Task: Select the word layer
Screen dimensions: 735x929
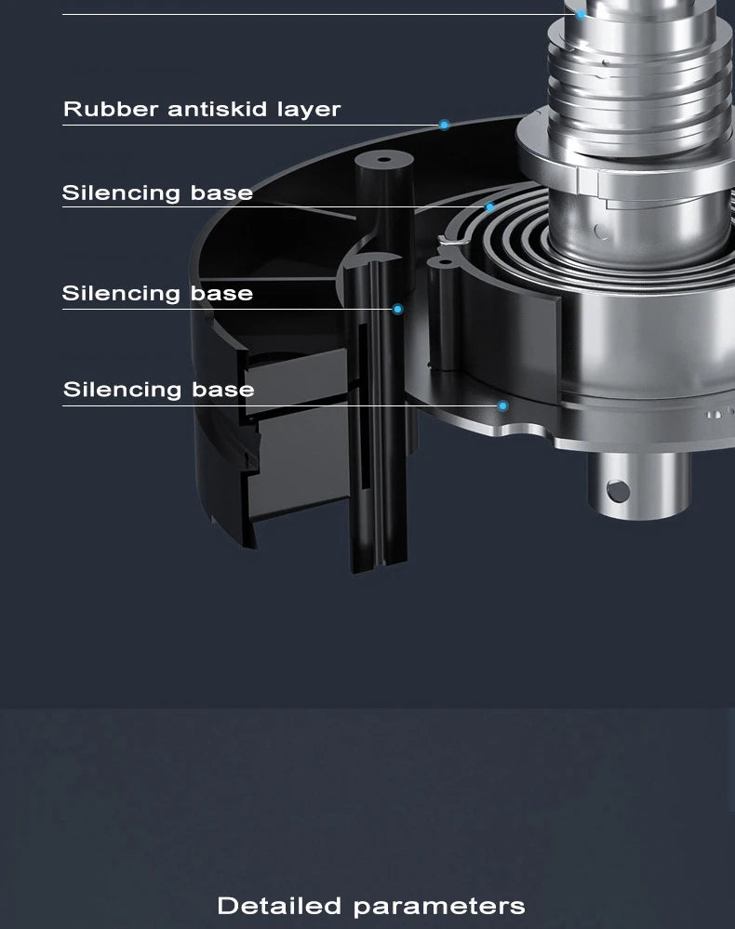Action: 309,111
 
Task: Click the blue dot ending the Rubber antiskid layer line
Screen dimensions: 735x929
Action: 444,125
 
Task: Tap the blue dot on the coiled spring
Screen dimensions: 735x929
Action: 489,206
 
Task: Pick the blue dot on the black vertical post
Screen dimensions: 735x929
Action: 397,310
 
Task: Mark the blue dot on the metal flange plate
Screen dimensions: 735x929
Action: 502,405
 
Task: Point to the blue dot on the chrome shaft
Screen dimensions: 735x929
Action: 581,14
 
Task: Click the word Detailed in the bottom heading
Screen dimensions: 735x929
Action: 279,906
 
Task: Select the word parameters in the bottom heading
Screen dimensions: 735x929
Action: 439,907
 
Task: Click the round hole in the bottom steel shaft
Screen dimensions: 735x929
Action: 618,491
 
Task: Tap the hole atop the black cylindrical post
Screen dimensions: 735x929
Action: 384,159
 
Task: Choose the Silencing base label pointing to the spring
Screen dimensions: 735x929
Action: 157,193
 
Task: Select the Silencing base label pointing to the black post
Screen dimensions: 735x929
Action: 157,293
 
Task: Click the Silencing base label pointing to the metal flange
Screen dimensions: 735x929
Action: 159,390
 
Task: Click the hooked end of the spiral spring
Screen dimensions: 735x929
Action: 451,240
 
